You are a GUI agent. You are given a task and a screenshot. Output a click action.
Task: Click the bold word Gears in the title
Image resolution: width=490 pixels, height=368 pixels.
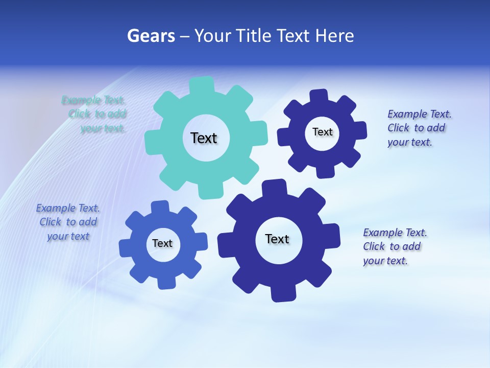coord(151,36)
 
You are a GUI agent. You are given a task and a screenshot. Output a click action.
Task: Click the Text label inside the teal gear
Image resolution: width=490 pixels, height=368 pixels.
coord(204,138)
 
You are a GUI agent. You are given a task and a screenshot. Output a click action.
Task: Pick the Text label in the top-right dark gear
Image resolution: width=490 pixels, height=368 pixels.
coord(322,132)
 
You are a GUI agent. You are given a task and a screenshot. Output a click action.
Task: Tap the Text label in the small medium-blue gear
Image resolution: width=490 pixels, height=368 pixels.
coord(162,243)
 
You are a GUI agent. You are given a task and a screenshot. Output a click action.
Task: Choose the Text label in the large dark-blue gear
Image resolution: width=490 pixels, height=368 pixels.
coord(277,239)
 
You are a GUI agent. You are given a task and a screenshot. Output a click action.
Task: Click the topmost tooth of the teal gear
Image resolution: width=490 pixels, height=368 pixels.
coord(202,84)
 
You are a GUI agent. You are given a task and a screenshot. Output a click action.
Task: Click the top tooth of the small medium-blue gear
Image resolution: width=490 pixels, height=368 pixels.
coord(160,206)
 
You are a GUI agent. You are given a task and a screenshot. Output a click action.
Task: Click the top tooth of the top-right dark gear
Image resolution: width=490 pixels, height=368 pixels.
coord(319,96)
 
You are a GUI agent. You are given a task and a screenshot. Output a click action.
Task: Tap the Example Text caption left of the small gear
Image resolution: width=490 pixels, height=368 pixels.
coord(68,222)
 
